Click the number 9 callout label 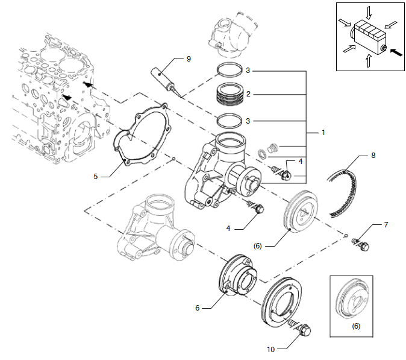point(189,58)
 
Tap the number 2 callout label point(248,95)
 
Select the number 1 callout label point(323,132)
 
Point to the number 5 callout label point(96,177)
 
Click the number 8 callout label point(373,155)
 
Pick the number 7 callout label point(386,224)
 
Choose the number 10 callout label point(270,349)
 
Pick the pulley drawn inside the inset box point(356,300)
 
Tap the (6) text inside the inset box point(356,326)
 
